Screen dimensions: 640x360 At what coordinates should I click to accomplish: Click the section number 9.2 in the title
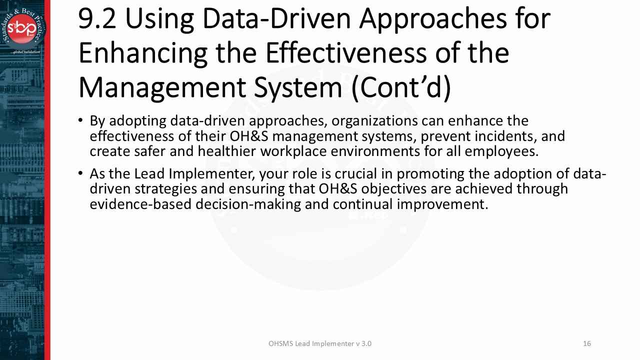coord(97,19)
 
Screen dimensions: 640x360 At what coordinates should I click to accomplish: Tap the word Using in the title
coord(159,20)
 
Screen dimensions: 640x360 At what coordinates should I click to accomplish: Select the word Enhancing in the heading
coord(143,54)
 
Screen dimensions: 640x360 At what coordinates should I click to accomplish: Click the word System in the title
coord(298,88)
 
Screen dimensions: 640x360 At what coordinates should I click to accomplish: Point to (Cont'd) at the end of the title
coord(401,87)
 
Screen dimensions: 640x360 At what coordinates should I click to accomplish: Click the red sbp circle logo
coord(21,28)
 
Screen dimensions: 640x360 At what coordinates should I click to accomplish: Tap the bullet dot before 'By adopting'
coord(80,120)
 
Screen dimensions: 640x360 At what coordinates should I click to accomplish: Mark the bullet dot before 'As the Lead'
coord(80,173)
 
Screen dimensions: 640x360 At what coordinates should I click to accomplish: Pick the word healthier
coord(227,151)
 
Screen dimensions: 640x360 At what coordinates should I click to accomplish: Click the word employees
coord(501,152)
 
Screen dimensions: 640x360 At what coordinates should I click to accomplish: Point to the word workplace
coord(293,152)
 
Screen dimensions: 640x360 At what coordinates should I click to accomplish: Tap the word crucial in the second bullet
coord(356,174)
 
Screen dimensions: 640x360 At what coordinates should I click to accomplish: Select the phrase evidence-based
coord(140,204)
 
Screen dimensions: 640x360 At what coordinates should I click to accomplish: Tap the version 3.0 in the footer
coord(366,343)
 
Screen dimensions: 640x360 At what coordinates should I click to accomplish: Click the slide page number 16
coord(587,343)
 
